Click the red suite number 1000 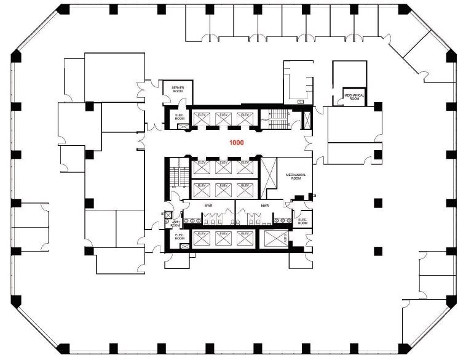coord(237,142)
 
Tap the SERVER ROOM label coord(178,89)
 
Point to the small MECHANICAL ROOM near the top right coord(354,97)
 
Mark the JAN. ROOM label coord(175,223)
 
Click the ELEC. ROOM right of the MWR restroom coord(302,221)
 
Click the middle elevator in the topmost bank coord(223,119)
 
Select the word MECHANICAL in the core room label coord(296,175)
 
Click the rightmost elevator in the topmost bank coord(245,119)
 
